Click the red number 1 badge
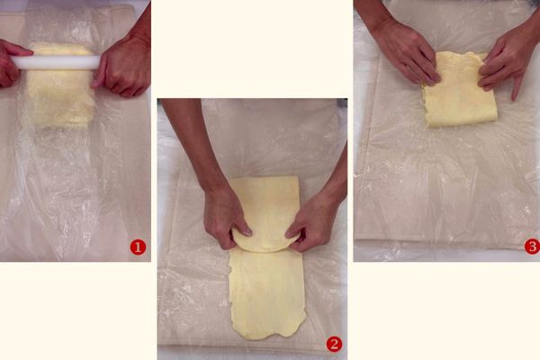(x=138, y=247)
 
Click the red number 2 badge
(x=334, y=344)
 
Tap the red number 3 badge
(x=532, y=247)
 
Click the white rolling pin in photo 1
(x=57, y=62)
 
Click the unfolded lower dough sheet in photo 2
(x=267, y=292)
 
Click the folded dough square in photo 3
(x=460, y=91)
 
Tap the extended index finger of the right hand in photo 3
(x=517, y=88)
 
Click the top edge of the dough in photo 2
(x=264, y=178)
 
